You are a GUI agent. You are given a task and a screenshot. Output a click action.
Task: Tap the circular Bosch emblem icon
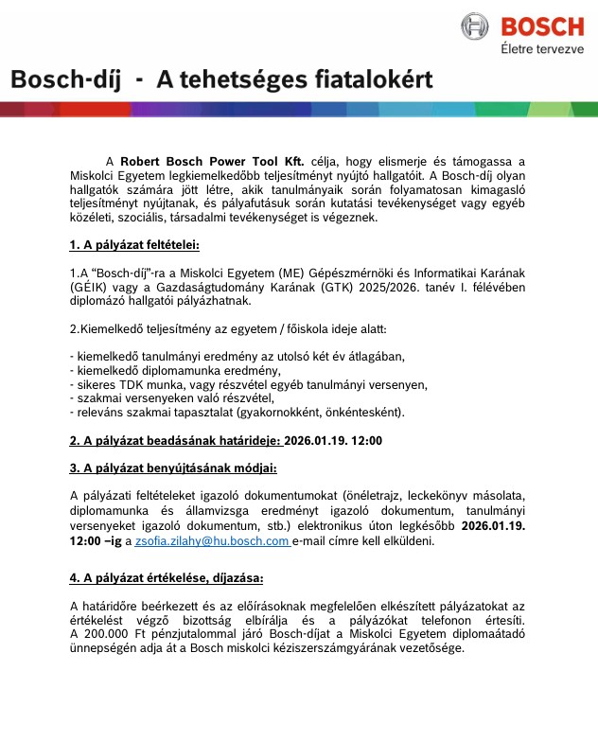click(476, 26)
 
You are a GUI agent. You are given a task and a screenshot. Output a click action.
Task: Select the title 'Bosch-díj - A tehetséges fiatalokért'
click(221, 80)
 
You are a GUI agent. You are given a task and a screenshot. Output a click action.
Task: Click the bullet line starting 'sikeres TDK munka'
click(249, 384)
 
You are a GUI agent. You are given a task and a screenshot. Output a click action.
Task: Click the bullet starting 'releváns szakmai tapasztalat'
click(237, 413)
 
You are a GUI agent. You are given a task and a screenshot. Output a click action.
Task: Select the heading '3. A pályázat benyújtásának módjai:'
click(173, 468)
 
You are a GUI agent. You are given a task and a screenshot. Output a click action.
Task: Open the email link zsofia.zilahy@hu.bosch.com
click(212, 541)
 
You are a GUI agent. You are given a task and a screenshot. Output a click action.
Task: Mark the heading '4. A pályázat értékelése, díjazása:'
click(167, 577)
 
